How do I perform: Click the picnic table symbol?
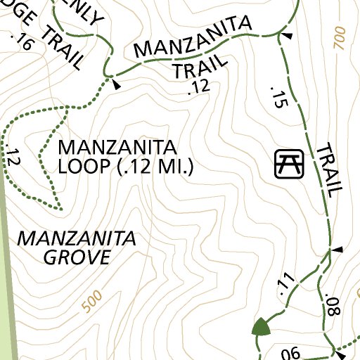click(288, 164)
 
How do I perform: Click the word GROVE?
click(77, 257)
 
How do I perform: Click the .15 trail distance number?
click(279, 96)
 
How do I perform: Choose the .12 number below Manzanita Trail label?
click(200, 87)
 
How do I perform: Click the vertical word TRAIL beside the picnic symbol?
click(329, 169)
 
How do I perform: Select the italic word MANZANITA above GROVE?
click(76, 238)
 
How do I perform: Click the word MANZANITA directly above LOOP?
click(116, 148)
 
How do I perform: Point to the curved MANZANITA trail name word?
click(193, 38)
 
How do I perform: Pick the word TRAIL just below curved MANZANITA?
click(200, 67)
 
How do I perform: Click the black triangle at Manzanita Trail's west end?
click(117, 85)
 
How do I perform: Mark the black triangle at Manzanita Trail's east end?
click(286, 34)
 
